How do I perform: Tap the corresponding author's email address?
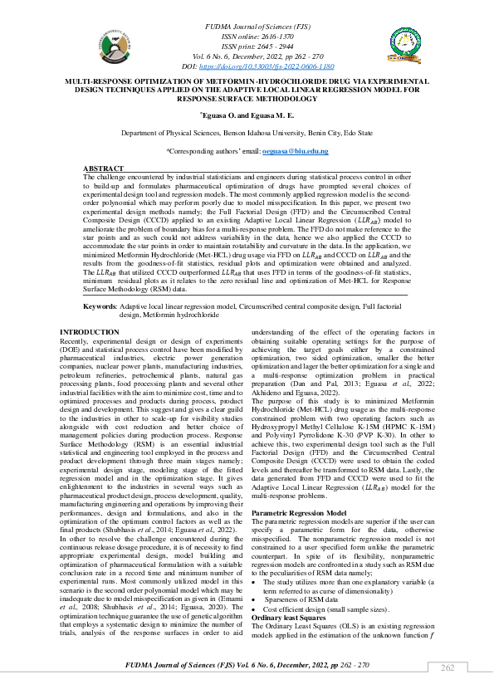click(x=296, y=152)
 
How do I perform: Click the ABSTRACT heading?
click(x=104, y=169)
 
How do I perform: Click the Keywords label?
click(x=100, y=306)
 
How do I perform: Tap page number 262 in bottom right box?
click(x=448, y=668)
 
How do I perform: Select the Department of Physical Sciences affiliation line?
click(x=247, y=133)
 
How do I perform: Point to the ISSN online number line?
click(x=247, y=38)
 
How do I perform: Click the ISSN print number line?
click(x=247, y=47)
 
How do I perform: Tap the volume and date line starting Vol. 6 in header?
click(x=247, y=56)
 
